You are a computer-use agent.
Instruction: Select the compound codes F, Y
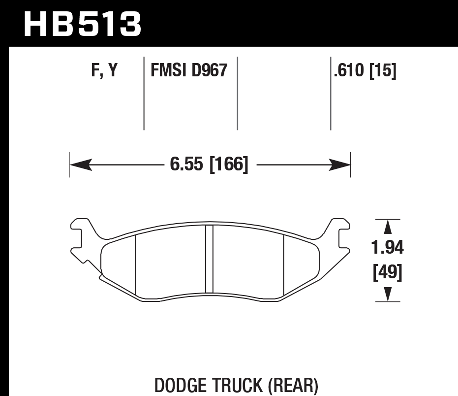pyautogui.click(x=104, y=71)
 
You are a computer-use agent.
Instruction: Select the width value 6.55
pyautogui.click(x=187, y=164)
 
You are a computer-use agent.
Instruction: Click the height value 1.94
pyautogui.click(x=388, y=248)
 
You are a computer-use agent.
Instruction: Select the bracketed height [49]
pyautogui.click(x=388, y=272)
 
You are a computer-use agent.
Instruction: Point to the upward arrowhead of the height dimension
pyautogui.click(x=388, y=227)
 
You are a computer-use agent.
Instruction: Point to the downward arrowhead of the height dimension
pyautogui.click(x=388, y=294)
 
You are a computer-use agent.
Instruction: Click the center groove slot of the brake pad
pyautogui.click(x=209, y=259)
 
